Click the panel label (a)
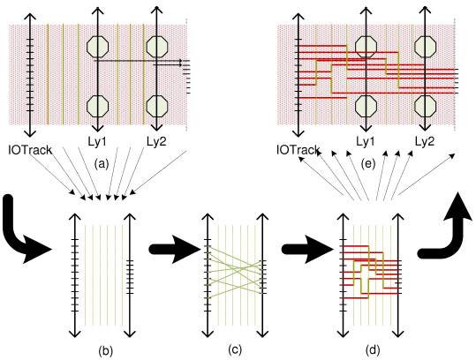(101, 164)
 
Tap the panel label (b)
(105, 351)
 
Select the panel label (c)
(235, 350)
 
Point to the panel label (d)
(373, 350)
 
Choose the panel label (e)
(368, 164)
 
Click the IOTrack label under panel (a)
(30, 150)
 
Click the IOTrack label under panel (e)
(298, 149)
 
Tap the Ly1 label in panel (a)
(96, 141)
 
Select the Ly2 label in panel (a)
(156, 141)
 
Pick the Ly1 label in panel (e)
(366, 141)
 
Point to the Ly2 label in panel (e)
(425, 141)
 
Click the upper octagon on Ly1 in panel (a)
(97, 47)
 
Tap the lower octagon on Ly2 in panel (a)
(157, 106)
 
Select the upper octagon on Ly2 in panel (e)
(426, 47)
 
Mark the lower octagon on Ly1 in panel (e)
(366, 106)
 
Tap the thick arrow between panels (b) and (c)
(175, 250)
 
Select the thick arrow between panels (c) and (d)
(307, 250)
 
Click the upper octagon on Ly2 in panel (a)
(157, 47)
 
